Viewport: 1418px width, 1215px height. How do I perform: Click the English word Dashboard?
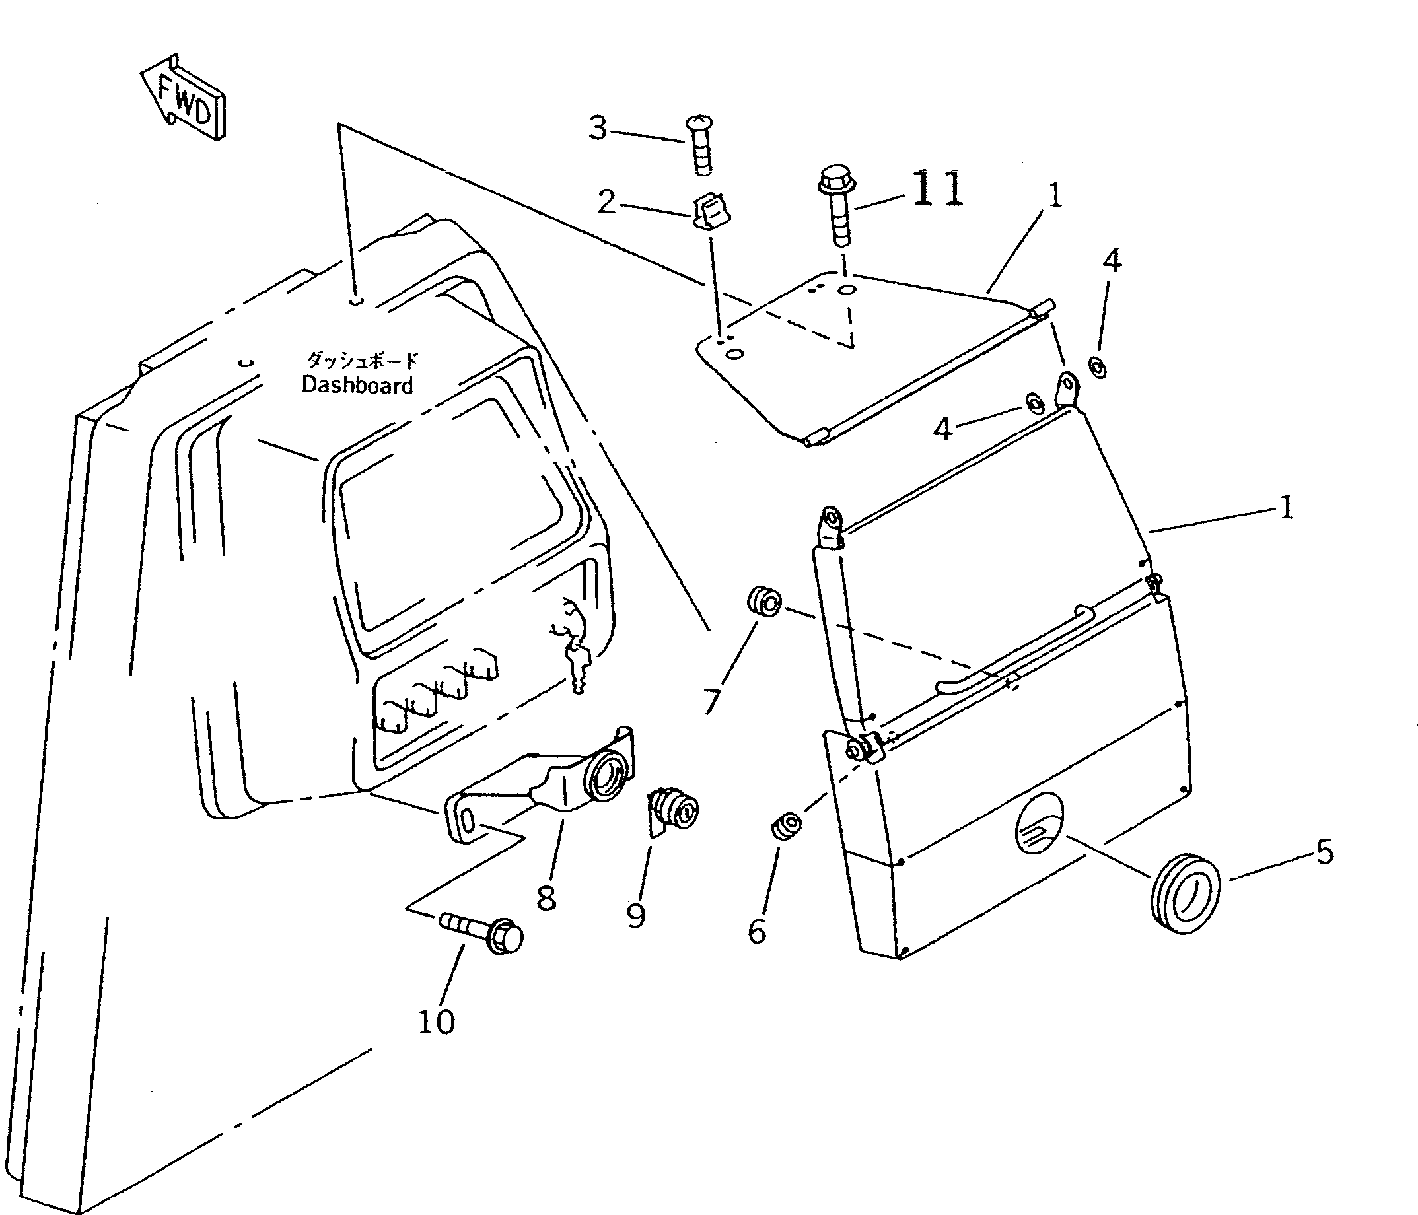coord(357,385)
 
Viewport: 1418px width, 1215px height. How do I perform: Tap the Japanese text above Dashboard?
coord(360,360)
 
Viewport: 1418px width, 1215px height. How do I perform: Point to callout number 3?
coord(598,128)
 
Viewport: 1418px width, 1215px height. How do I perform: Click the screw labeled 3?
coord(700,146)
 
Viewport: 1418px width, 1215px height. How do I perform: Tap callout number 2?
coord(606,203)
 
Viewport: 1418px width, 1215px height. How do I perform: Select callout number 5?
coord(1324,852)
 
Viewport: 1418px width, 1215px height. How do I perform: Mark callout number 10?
coord(436,1022)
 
